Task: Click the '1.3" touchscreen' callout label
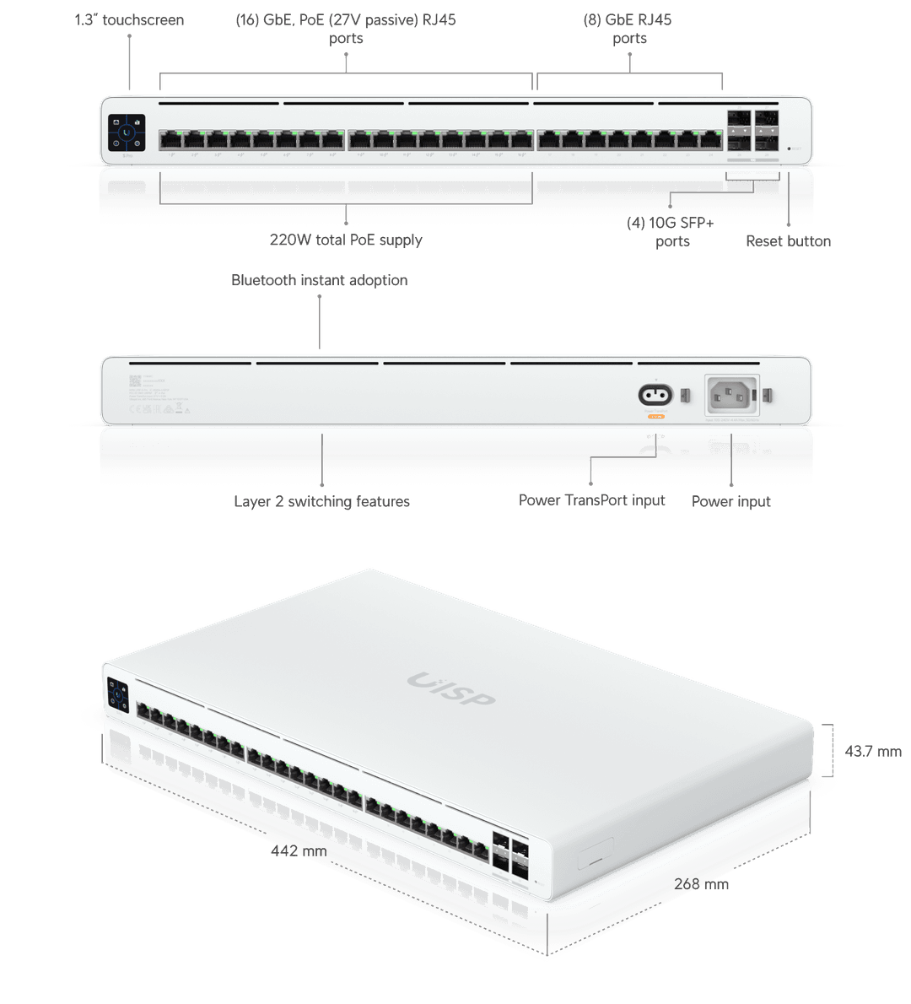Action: click(x=129, y=20)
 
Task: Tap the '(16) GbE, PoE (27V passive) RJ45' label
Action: click(x=345, y=20)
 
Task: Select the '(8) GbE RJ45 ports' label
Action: click(x=628, y=20)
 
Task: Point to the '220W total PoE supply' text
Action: click(x=346, y=240)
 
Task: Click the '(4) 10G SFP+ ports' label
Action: click(x=671, y=232)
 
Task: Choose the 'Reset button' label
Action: click(x=788, y=241)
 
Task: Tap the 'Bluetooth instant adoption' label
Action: click(x=319, y=280)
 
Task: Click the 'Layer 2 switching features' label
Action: click(x=321, y=502)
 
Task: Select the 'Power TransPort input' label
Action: click(x=591, y=500)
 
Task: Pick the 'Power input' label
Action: click(x=731, y=502)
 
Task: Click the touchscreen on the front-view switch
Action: click(x=127, y=132)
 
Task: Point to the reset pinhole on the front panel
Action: click(x=789, y=149)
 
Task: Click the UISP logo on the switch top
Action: click(x=451, y=689)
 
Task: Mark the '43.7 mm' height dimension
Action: click(x=873, y=751)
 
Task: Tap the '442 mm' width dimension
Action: click(x=298, y=851)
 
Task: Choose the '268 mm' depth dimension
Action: click(x=701, y=884)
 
